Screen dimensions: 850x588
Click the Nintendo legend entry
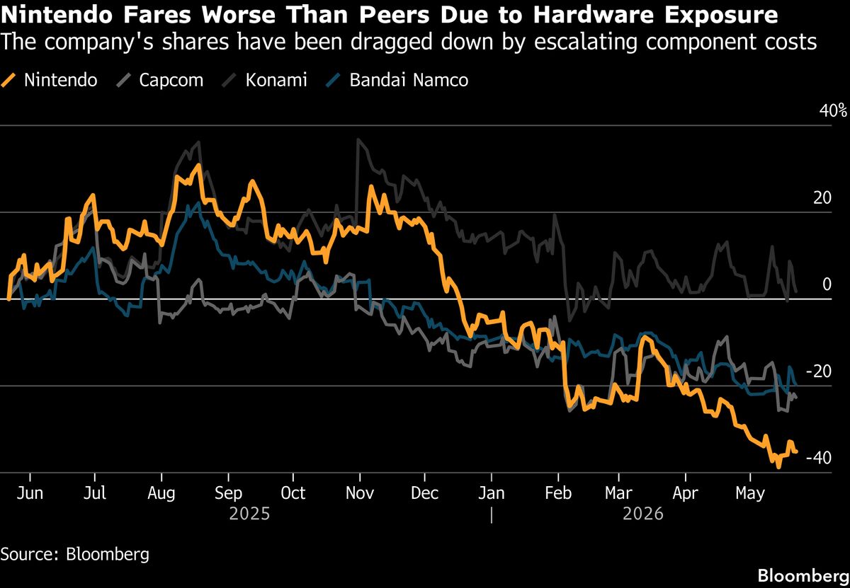[x=50, y=81]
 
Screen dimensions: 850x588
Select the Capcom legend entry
[x=160, y=81]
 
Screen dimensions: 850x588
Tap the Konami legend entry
[x=264, y=81]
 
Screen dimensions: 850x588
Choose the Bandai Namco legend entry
[x=397, y=81]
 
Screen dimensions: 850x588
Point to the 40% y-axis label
[x=833, y=110]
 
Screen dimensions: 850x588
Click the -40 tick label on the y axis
[x=819, y=458]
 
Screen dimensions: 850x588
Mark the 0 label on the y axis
[x=827, y=284]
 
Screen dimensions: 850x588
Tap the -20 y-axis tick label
[x=819, y=371]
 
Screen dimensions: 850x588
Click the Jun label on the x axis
[x=30, y=493]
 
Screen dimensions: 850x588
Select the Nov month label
[x=360, y=493]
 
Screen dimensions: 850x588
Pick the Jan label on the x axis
[x=492, y=493]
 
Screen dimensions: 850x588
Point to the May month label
[x=750, y=494]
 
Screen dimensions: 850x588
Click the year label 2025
[x=249, y=514]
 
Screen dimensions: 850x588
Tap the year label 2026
[x=643, y=514]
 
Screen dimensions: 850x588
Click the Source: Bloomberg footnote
[x=75, y=554]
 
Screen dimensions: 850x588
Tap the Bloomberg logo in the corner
[x=804, y=576]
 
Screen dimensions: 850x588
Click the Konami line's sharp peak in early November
[x=358, y=139]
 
